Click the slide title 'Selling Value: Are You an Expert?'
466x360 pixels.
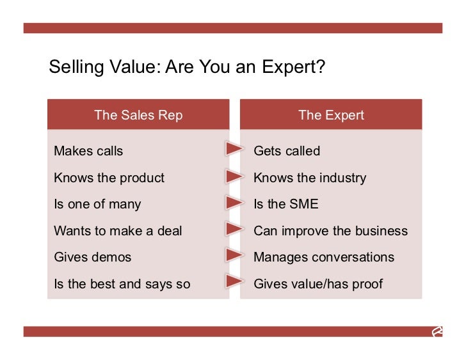pos(187,67)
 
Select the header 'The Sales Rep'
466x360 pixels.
pos(138,115)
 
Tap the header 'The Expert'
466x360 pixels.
pos(331,115)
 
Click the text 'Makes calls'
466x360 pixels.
pos(88,151)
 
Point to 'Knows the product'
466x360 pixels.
pos(109,178)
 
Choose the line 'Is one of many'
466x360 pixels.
pos(97,204)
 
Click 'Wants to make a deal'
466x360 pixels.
pos(118,230)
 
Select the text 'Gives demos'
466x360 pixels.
pos(92,257)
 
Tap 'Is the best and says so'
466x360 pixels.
pos(122,283)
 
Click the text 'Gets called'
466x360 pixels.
pos(287,151)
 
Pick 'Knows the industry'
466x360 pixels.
pos(310,178)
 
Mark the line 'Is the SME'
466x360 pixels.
pos(285,204)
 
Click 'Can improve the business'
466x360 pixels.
pos(330,230)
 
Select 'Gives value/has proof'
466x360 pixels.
pos(318,283)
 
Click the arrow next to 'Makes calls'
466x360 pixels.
pos(234,150)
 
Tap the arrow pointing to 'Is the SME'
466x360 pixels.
pos(234,203)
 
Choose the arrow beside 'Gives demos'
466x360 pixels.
pos(234,255)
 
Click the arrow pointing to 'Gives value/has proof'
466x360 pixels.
pos(234,281)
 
